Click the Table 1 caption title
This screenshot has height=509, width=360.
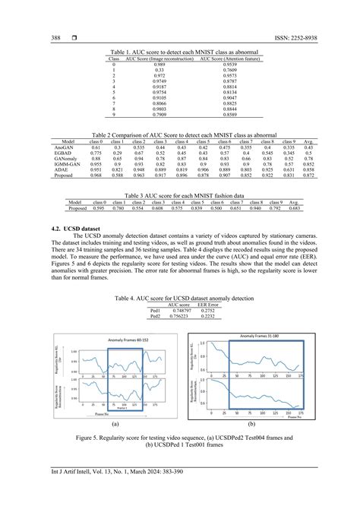[x=180, y=52]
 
